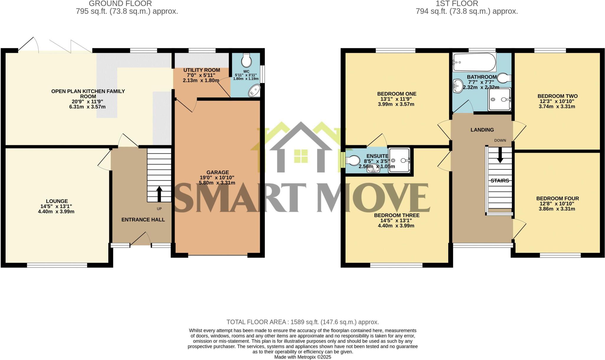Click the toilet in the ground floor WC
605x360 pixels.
tap(246, 61)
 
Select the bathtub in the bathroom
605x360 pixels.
tap(474, 62)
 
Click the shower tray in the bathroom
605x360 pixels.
tap(499, 99)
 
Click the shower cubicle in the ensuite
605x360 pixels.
tap(399, 160)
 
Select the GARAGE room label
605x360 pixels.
tap(217, 172)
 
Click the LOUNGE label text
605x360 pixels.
tap(57, 201)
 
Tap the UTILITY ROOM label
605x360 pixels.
tap(201, 70)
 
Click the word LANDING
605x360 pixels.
tap(482, 130)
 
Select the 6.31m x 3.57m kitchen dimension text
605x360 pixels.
tap(87, 107)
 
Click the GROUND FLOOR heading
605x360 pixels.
tap(120, 4)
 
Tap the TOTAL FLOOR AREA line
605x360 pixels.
tap(302, 322)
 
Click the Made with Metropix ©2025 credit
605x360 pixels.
tap(302, 357)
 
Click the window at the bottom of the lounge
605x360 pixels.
tap(57, 265)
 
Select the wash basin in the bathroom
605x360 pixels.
tap(458, 85)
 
